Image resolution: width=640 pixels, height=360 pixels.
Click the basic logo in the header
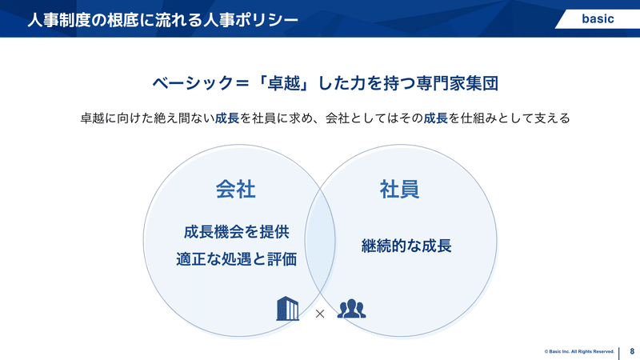(x=598, y=18)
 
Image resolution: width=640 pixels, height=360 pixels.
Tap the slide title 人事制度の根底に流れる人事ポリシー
(x=162, y=19)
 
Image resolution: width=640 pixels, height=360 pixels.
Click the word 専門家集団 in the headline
(x=458, y=83)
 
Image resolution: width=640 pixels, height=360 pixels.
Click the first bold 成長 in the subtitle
(x=227, y=118)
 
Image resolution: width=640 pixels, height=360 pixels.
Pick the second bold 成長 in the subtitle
(x=435, y=118)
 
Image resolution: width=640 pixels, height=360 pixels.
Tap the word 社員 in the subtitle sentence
(x=264, y=118)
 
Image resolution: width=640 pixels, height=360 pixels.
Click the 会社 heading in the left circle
(x=235, y=190)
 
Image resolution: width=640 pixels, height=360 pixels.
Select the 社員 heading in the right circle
(x=399, y=190)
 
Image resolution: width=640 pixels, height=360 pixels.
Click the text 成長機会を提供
(x=236, y=232)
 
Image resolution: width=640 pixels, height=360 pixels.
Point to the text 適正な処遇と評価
(x=236, y=259)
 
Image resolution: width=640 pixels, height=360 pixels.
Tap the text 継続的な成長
(x=406, y=246)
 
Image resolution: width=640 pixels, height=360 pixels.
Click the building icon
(x=287, y=309)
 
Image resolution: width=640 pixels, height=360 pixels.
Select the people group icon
(x=351, y=309)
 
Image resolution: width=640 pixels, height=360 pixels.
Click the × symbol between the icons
(x=320, y=314)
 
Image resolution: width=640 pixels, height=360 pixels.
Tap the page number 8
(x=632, y=351)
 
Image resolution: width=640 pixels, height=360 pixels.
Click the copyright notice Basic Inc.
(x=579, y=351)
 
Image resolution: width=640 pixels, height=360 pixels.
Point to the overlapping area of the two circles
(x=320, y=241)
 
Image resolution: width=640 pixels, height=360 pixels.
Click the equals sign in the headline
(x=242, y=84)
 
